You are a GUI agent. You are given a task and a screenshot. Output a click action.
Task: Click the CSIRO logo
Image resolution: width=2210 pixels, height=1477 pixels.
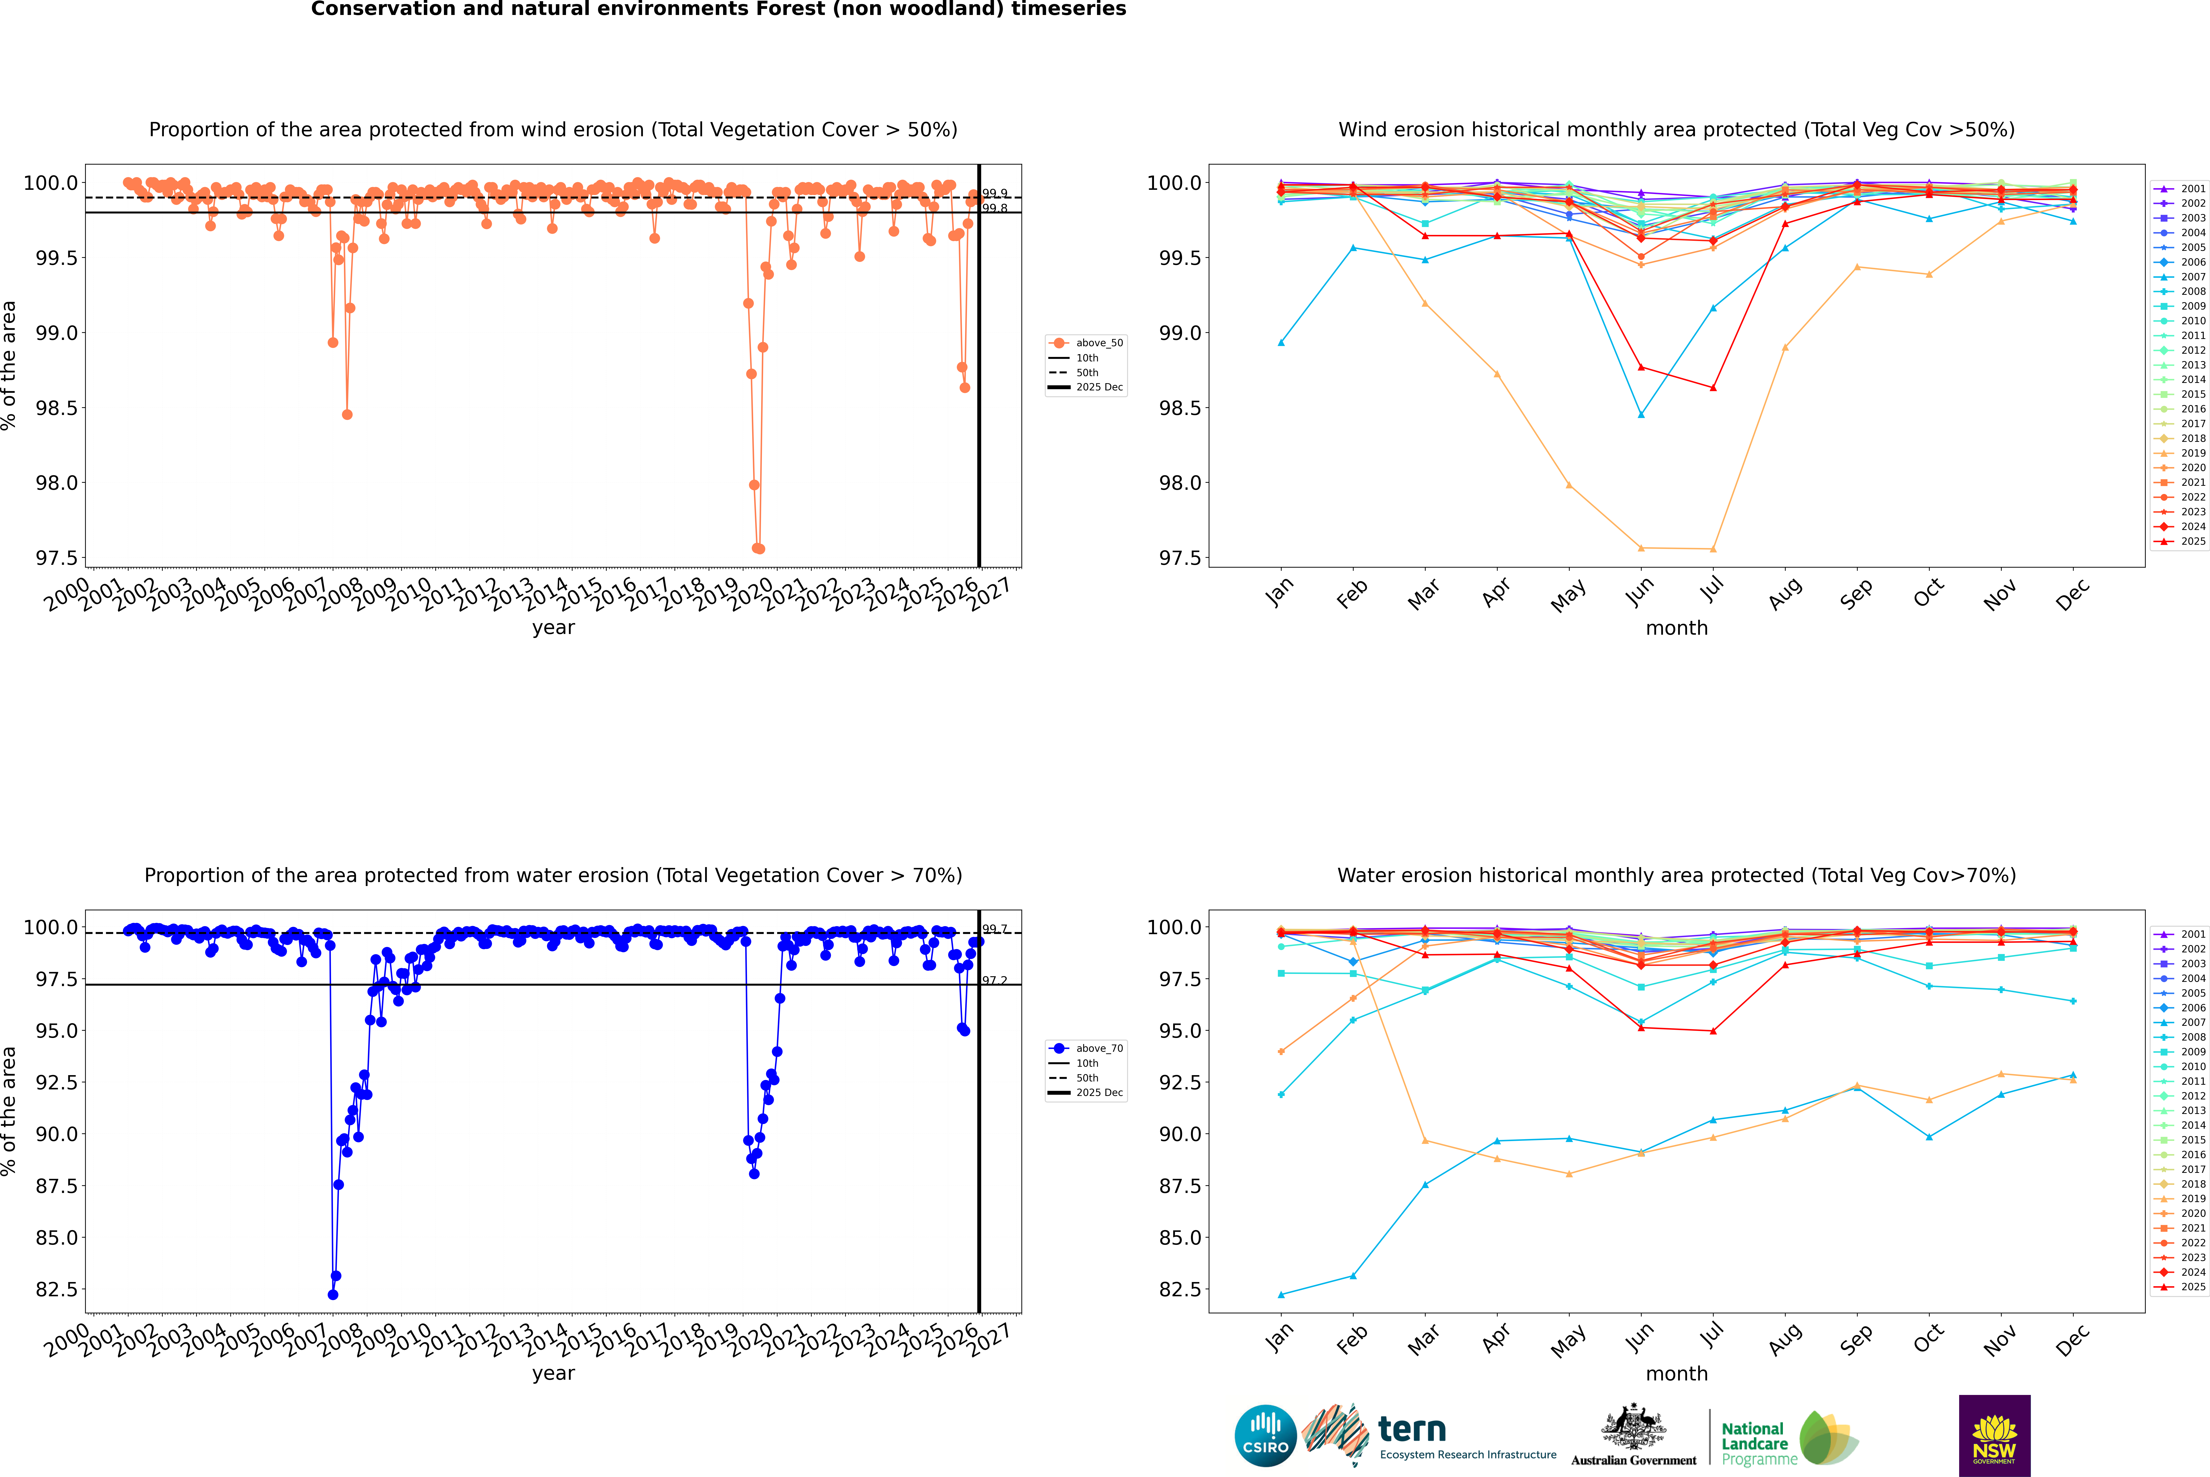point(1265,1436)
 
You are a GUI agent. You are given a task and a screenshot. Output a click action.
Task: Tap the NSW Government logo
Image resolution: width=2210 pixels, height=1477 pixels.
point(1994,1436)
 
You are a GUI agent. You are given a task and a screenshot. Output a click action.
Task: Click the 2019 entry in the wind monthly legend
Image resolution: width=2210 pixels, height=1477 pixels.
point(2193,453)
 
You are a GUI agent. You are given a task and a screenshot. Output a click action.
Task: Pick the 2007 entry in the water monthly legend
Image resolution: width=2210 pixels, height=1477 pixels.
point(2193,1022)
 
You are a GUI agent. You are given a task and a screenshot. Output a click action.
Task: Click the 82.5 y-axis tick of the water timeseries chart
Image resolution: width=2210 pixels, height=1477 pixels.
point(57,1290)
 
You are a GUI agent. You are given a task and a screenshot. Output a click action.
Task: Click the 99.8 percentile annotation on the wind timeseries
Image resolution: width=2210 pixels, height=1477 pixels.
point(995,208)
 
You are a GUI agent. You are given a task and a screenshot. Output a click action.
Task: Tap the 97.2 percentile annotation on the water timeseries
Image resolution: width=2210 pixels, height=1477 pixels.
point(995,981)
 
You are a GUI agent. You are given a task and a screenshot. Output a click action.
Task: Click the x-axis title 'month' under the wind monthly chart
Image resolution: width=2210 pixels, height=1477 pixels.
point(1676,628)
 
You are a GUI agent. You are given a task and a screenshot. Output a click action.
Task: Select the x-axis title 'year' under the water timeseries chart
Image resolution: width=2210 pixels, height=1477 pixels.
point(553,1373)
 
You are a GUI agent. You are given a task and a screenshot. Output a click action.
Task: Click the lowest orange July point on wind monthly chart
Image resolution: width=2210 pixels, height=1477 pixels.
point(1712,549)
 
